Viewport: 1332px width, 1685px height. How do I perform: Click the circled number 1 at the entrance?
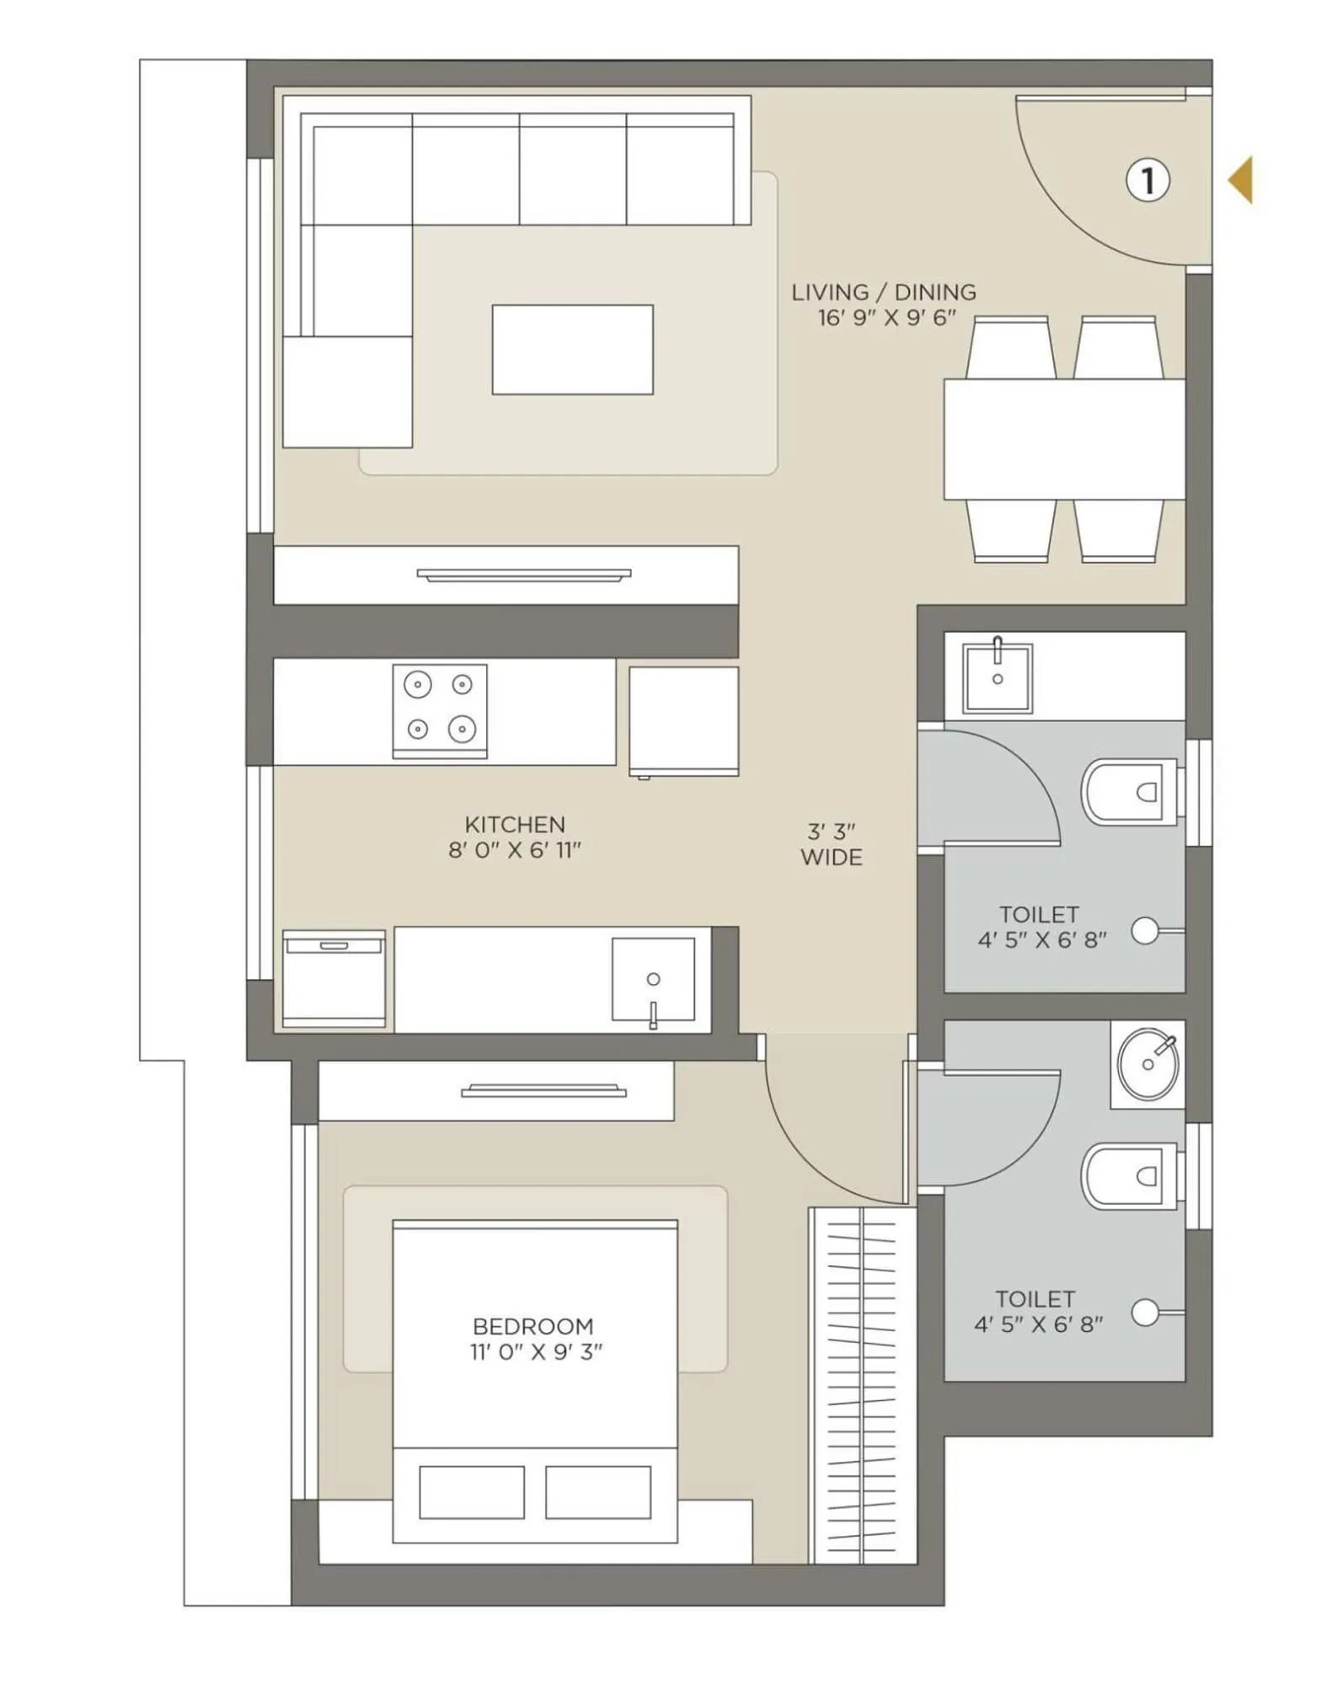point(1147,180)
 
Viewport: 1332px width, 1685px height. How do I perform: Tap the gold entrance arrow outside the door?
point(1242,180)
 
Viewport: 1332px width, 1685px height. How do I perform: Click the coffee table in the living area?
point(572,350)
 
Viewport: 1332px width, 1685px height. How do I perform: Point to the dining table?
point(1063,439)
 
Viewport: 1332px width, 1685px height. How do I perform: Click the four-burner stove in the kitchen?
point(439,710)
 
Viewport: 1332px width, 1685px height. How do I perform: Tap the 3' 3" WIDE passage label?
point(831,844)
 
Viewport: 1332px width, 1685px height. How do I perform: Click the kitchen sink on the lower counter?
point(653,980)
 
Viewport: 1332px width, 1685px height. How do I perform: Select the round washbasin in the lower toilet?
point(1147,1064)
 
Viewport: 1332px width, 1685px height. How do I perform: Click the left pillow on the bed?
point(472,1492)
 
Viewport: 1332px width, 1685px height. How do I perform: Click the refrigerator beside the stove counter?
point(683,721)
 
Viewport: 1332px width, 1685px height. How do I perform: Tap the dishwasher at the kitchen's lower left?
point(334,979)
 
